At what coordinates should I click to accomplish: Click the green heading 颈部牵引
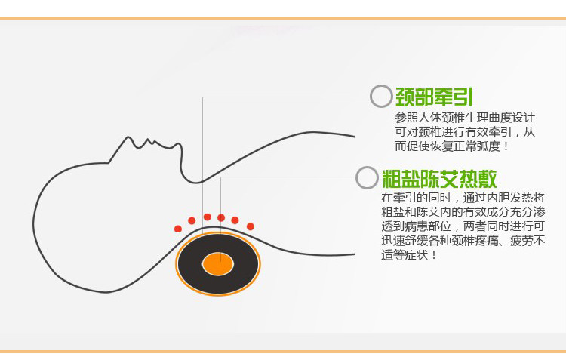(435, 96)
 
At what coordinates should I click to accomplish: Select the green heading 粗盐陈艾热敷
(439, 178)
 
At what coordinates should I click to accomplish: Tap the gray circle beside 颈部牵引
(381, 96)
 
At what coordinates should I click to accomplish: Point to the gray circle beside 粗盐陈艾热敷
(366, 178)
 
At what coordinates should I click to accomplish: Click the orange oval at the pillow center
(217, 263)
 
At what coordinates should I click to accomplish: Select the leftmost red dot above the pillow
(178, 229)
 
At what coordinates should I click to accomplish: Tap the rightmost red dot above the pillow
(251, 226)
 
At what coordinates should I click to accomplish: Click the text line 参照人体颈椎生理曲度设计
(465, 118)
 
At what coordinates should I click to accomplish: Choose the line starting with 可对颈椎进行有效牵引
(465, 132)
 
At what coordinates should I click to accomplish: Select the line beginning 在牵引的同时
(463, 198)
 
